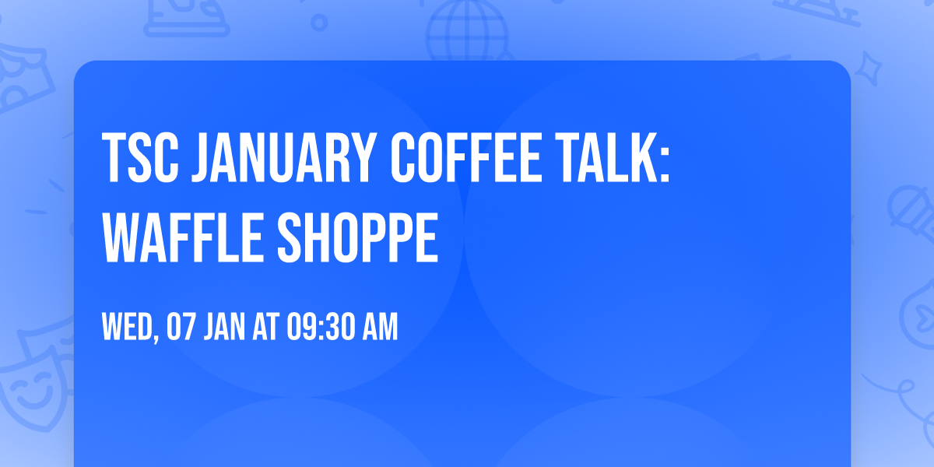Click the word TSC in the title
click(x=139, y=159)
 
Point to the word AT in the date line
click(x=264, y=328)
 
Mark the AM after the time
click(x=379, y=328)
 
